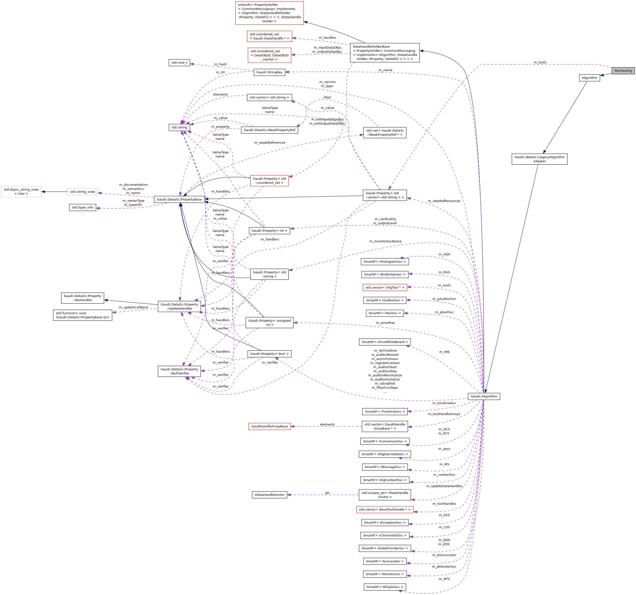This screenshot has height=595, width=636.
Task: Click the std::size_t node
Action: click(179, 62)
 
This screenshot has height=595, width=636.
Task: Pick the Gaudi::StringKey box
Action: click(269, 72)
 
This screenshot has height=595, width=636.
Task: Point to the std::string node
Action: click(179, 127)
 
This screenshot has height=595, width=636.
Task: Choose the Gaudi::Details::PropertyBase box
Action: click(179, 199)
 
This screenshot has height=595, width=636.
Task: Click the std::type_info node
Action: click(82, 207)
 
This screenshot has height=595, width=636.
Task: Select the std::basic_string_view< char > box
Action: click(21, 192)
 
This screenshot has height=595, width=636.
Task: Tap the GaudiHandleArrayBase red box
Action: click(269, 426)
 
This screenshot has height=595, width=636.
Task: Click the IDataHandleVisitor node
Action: click(269, 495)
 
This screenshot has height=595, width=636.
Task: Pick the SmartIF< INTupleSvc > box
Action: click(385, 587)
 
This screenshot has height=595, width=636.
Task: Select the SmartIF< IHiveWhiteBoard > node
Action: click(385, 342)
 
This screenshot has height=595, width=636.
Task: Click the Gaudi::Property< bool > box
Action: click(269, 354)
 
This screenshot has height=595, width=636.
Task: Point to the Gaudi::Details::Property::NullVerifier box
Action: click(179, 372)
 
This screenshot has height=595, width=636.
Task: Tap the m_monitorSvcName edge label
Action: click(385, 241)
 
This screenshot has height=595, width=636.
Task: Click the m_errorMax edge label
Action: click(385, 323)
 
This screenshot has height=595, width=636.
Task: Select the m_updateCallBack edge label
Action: click(133, 307)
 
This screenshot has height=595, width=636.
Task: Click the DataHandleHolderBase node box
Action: click(385, 53)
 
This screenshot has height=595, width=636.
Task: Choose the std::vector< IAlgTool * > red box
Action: click(385, 288)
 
